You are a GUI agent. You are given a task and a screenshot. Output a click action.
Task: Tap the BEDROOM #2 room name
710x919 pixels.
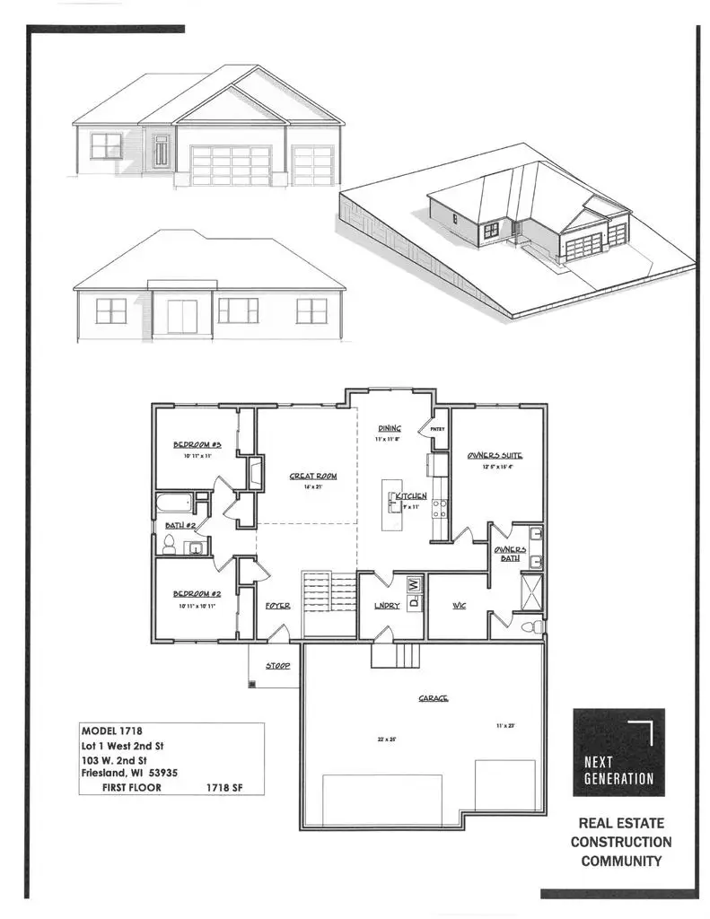pyautogui.click(x=197, y=593)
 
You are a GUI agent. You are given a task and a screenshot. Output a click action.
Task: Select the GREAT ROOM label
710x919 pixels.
pyautogui.click(x=312, y=476)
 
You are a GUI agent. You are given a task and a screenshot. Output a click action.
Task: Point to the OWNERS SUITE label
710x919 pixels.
pyautogui.click(x=495, y=455)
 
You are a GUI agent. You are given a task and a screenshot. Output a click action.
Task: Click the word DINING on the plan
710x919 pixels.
pyautogui.click(x=389, y=428)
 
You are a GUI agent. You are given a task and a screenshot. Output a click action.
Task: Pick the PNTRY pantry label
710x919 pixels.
pyautogui.click(x=438, y=429)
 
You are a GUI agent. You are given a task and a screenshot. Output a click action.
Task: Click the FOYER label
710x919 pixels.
pyautogui.click(x=277, y=606)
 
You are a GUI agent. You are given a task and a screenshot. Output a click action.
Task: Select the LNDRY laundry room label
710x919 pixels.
pyautogui.click(x=386, y=606)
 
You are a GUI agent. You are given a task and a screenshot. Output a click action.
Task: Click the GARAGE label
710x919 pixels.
pyautogui.click(x=433, y=697)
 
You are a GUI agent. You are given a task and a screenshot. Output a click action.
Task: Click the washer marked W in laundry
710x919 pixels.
pyautogui.click(x=413, y=584)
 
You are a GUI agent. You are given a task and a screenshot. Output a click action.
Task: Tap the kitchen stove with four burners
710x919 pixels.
pyautogui.click(x=441, y=509)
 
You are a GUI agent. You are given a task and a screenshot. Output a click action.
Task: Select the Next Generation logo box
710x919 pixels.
pyautogui.click(x=618, y=752)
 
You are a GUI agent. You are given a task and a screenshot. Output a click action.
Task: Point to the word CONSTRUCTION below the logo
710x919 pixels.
pyautogui.click(x=620, y=842)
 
